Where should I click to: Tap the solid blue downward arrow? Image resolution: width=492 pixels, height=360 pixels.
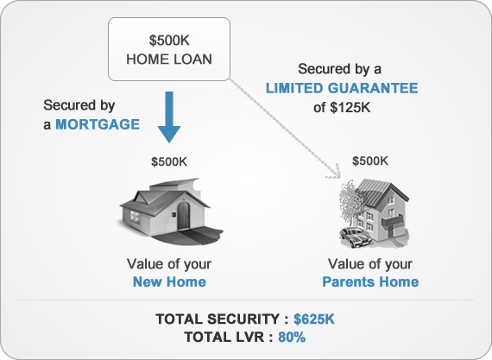(169, 119)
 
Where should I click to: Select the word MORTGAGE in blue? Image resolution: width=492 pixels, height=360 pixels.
(98, 124)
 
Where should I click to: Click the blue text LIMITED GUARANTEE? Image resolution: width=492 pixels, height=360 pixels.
(343, 87)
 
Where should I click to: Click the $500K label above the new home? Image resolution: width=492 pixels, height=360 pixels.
(168, 161)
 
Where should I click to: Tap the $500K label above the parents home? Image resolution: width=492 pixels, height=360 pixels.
(369, 161)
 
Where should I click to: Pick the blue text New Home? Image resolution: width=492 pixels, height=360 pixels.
(169, 282)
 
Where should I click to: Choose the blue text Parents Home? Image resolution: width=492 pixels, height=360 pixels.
(370, 282)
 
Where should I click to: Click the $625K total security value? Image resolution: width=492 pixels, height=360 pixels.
(313, 320)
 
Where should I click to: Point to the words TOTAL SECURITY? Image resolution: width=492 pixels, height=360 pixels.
(221, 320)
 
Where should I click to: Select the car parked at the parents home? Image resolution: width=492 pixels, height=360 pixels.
(356, 234)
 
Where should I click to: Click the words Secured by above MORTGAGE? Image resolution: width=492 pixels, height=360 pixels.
(79, 105)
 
